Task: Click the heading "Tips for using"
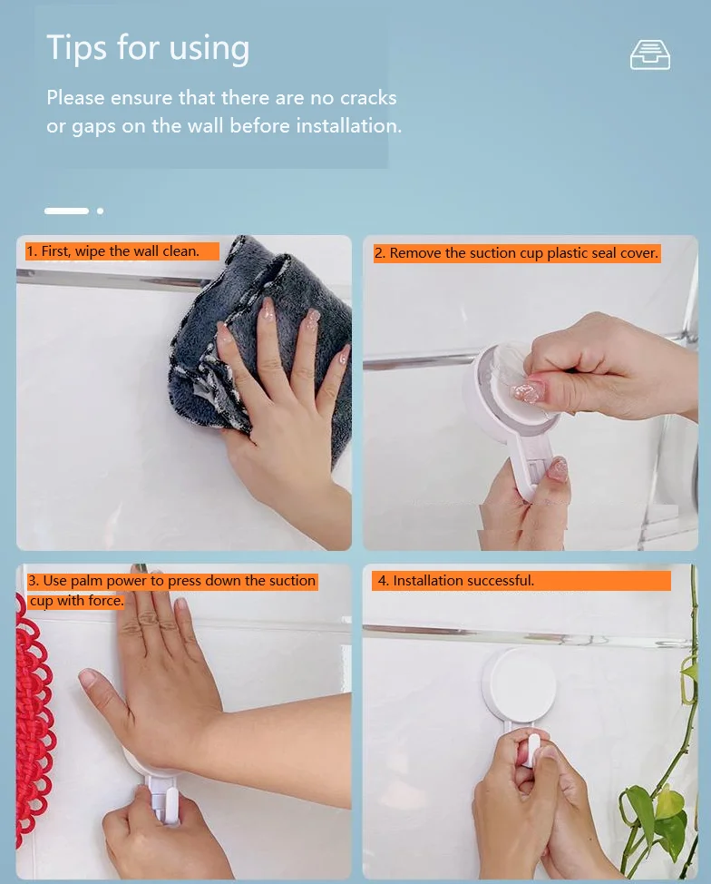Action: (148, 47)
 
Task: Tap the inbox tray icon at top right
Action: (649, 55)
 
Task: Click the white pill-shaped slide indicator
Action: (66, 211)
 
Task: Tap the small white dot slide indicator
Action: (100, 211)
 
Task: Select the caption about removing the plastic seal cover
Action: (516, 253)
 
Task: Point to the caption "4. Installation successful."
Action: (456, 580)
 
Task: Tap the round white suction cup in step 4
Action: (519, 685)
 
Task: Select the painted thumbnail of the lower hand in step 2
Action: (558, 469)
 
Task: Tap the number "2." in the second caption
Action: (380, 253)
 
